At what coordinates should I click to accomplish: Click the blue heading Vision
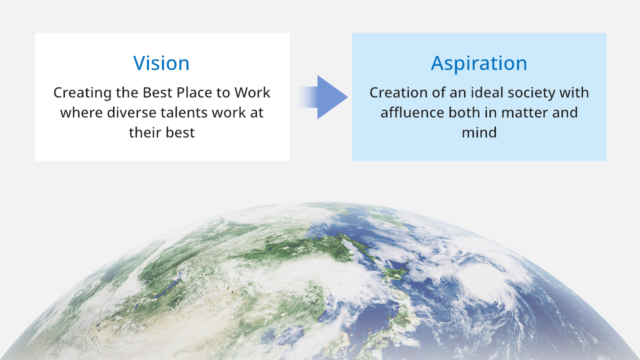(161, 63)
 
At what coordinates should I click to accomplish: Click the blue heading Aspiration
(479, 63)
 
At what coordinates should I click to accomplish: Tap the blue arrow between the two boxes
(323, 97)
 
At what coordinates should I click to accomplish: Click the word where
(81, 112)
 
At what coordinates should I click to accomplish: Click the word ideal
(487, 92)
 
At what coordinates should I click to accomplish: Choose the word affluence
(412, 112)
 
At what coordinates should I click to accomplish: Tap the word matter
(524, 112)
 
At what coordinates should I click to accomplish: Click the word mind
(479, 132)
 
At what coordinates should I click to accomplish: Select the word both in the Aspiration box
(463, 112)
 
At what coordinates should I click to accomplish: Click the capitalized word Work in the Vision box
(252, 92)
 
